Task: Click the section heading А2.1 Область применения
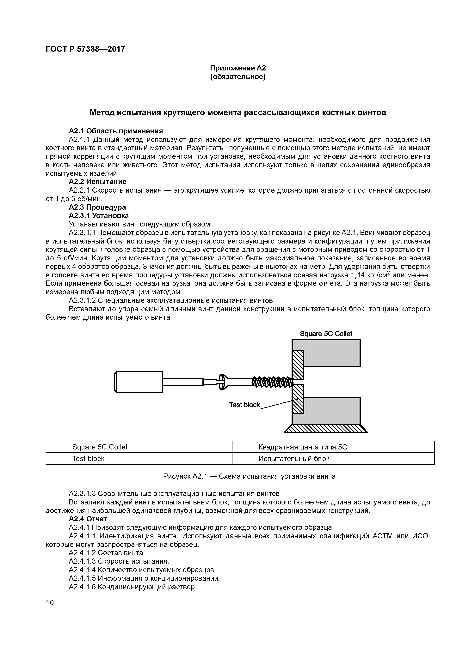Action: point(116,131)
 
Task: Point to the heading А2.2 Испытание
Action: point(97,182)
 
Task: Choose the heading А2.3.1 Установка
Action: point(99,216)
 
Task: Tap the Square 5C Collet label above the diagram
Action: point(326,334)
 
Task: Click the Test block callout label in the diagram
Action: point(244,405)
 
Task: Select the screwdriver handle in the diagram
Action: point(139,382)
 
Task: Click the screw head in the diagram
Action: point(222,382)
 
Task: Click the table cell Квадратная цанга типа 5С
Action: point(303,447)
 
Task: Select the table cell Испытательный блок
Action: point(294,459)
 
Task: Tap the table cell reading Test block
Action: point(88,459)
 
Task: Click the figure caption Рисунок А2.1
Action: point(249,476)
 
